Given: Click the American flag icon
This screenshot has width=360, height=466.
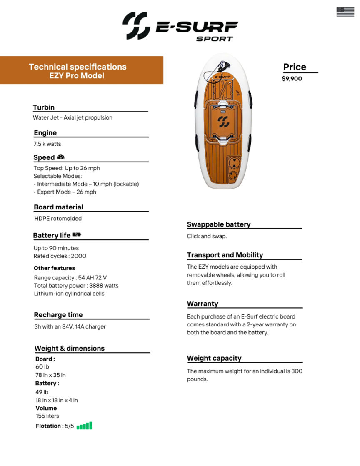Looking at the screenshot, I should pyautogui.click(x=345, y=12).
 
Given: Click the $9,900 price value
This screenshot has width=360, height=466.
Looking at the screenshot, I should pyautogui.click(x=292, y=78).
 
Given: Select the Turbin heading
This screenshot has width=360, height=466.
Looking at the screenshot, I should pyautogui.click(x=44, y=107).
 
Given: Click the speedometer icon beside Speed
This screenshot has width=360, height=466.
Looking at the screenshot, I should pyautogui.click(x=60, y=157).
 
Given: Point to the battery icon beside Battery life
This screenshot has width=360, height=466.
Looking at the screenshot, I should pyautogui.click(x=77, y=235).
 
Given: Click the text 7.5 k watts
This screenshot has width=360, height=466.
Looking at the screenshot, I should pyautogui.click(x=47, y=144).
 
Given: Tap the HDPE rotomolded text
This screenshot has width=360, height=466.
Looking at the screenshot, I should pyautogui.click(x=58, y=218).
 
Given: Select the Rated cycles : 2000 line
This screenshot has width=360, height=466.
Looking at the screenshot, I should pyautogui.click(x=60, y=256).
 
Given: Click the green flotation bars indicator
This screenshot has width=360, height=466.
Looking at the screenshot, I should pyautogui.click(x=85, y=426).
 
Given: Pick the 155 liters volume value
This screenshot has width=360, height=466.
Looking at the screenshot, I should pyautogui.click(x=47, y=416).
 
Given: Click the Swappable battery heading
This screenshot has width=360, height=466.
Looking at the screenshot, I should pyautogui.click(x=219, y=224).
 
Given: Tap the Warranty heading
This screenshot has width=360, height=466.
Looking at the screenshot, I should pyautogui.click(x=202, y=304).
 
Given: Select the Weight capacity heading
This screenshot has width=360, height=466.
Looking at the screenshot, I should pyautogui.click(x=214, y=358).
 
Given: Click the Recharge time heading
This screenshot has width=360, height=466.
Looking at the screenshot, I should pyautogui.click(x=58, y=315).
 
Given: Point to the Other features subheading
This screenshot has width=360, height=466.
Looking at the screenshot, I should pyautogui.click(x=55, y=268).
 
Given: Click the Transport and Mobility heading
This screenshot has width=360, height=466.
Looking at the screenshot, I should pyautogui.click(x=225, y=255).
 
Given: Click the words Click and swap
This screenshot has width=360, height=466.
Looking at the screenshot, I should pyautogui.click(x=207, y=236).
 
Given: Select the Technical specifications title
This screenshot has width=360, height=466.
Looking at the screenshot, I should pyautogui.click(x=77, y=67).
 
